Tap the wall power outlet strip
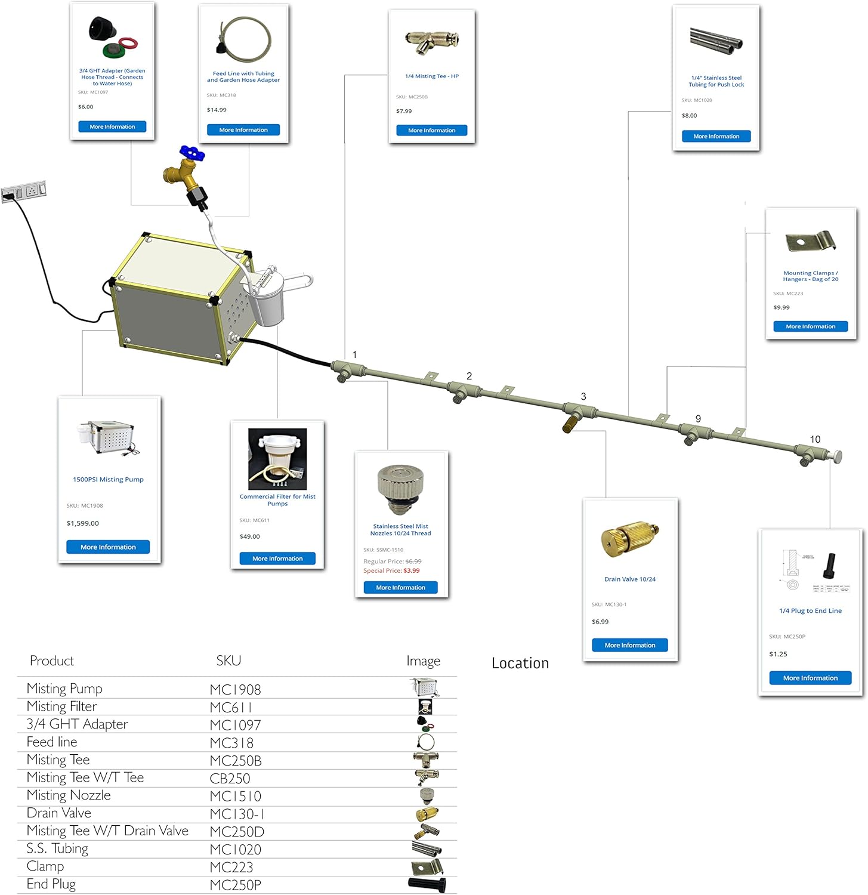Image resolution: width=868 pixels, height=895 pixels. click(24, 192)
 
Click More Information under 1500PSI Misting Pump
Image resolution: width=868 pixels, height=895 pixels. click(108, 547)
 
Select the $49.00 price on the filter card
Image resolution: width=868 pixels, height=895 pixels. click(250, 536)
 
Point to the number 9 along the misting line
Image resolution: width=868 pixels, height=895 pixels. click(698, 419)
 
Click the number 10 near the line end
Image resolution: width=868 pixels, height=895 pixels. click(815, 439)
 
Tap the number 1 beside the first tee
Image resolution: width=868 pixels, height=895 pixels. click(354, 354)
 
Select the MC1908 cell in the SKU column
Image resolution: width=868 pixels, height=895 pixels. click(236, 690)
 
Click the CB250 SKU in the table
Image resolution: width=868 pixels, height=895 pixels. click(230, 779)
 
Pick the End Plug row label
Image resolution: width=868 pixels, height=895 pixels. click(51, 884)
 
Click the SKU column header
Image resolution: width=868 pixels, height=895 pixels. click(228, 661)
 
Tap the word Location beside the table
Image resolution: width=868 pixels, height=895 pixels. click(520, 663)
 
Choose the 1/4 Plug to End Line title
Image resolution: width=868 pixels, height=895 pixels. click(810, 611)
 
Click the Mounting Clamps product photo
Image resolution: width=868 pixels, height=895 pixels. click(811, 242)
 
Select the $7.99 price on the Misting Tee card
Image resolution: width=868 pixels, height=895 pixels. click(404, 111)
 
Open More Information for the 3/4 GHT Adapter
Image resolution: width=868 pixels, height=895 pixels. click(112, 126)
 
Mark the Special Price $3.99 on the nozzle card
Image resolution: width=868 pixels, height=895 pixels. click(391, 571)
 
